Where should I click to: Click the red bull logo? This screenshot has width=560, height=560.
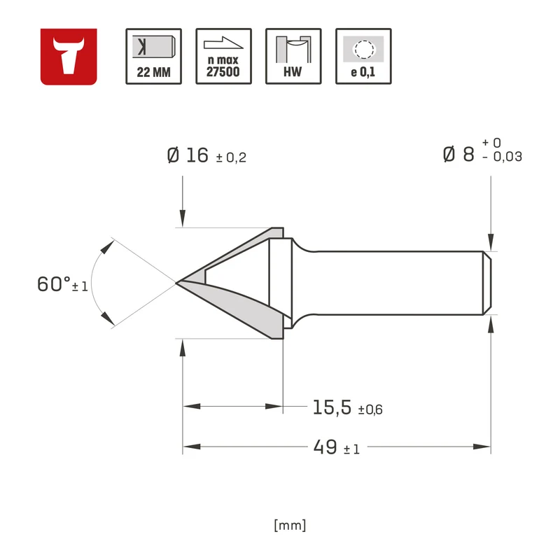point(69,57)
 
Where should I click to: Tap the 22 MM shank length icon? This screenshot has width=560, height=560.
point(153,57)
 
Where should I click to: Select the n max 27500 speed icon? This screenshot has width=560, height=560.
point(223,57)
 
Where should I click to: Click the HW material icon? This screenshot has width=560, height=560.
point(293,57)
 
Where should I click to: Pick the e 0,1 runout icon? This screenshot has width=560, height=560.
point(363,57)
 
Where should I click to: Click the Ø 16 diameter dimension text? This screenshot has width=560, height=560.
point(188,155)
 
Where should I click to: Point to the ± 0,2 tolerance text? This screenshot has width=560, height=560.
point(231,157)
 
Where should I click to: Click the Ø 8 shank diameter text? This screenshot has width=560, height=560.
point(458,154)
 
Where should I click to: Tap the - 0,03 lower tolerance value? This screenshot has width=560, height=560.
point(502,157)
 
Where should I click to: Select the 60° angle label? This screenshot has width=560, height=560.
point(54,284)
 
